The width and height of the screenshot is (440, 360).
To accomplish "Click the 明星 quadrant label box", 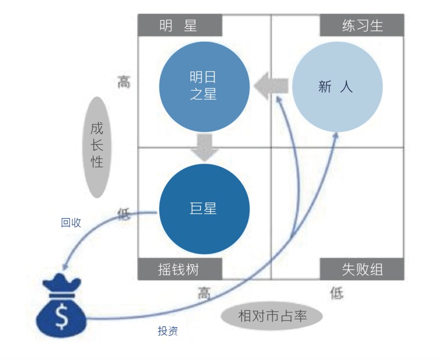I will point(179,25).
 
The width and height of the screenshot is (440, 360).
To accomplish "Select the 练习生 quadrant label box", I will point(362,25).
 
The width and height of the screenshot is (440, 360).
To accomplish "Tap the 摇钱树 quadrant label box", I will point(179,269).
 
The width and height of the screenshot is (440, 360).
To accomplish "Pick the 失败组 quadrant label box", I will point(362,269).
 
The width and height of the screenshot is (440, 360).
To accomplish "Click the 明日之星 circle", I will point(204,86).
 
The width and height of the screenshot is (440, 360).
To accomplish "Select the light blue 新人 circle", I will point(337,87).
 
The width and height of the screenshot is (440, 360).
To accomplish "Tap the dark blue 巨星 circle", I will point(204,209).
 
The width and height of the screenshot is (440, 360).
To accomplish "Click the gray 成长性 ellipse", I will point(97,147).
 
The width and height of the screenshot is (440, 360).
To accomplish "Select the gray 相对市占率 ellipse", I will point(272,316).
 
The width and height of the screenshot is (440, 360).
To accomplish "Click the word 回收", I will point(71,223).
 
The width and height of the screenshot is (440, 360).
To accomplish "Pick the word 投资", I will point(168,331).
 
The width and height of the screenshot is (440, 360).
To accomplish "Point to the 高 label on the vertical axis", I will point(124,82).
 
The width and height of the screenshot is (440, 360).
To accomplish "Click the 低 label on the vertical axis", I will point(124,213).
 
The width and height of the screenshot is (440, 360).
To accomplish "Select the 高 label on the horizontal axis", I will point(204,294).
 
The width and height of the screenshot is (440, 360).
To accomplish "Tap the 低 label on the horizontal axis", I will point(337,294).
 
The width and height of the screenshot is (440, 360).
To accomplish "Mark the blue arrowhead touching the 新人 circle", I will point(336,136).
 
